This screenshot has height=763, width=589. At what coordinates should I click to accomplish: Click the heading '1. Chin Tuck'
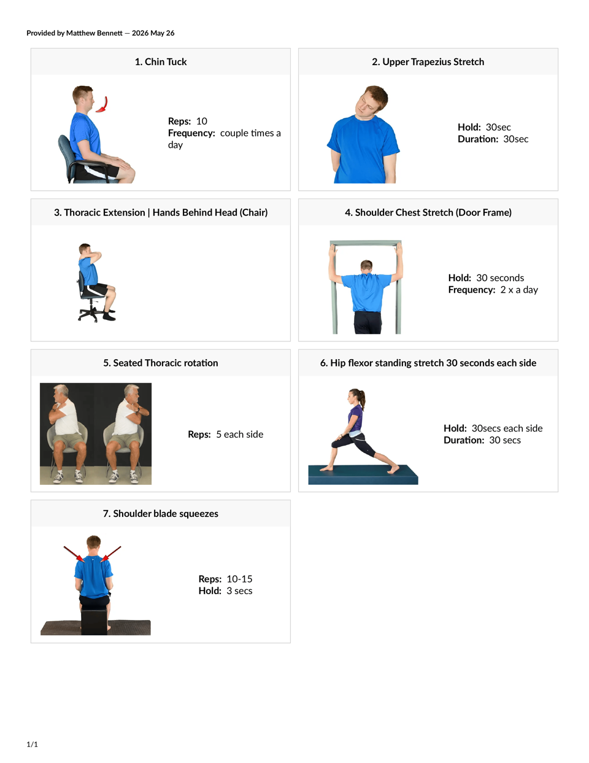(x=161, y=62)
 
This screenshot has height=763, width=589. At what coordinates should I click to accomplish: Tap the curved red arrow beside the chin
(x=104, y=105)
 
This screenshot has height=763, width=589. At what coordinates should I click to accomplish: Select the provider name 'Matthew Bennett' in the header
(x=94, y=33)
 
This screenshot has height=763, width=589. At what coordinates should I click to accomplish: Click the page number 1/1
(x=33, y=744)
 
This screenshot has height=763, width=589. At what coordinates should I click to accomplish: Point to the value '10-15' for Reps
(x=239, y=579)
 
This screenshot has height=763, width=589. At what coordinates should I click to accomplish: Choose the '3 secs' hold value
(x=239, y=591)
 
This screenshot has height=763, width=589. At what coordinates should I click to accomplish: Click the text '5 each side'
(x=240, y=435)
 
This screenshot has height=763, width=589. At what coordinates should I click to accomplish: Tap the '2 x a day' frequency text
(x=519, y=290)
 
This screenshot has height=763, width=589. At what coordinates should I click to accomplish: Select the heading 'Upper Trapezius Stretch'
(x=433, y=62)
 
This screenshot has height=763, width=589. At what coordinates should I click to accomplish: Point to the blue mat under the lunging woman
(x=363, y=474)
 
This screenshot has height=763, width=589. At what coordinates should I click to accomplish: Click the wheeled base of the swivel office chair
(x=92, y=314)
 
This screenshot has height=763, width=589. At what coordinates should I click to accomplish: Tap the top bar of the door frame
(x=366, y=242)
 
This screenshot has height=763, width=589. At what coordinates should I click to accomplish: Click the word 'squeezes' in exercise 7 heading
(x=199, y=514)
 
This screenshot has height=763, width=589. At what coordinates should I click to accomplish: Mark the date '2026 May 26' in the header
(x=153, y=33)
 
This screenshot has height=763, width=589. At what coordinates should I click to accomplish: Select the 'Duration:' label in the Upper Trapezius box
(x=478, y=139)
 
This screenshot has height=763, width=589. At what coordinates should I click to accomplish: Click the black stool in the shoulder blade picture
(x=94, y=622)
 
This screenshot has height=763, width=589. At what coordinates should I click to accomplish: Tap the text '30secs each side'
(x=507, y=428)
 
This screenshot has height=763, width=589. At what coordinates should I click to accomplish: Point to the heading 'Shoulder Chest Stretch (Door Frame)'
(x=428, y=212)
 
